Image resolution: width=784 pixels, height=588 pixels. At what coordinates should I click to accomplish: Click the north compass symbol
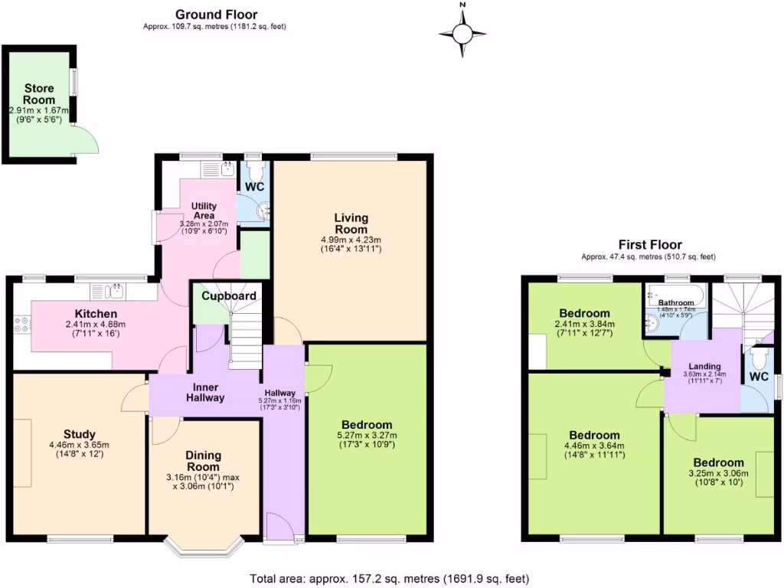point(462,33)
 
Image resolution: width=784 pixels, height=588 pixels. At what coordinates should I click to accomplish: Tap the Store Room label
point(39,95)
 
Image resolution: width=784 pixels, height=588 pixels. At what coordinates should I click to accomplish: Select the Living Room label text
point(351,224)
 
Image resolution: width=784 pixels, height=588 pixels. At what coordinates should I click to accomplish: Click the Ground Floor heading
point(216,15)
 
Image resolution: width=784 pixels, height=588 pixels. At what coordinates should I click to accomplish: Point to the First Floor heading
point(650,245)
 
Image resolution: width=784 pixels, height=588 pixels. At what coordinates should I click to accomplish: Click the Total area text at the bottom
point(390,579)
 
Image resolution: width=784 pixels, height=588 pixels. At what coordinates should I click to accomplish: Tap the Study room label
point(80,435)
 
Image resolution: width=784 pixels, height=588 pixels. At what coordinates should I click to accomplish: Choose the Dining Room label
point(203,461)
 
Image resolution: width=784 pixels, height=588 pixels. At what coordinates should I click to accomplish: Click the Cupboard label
point(229,296)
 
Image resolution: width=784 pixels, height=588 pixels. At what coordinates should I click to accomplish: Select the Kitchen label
point(96,314)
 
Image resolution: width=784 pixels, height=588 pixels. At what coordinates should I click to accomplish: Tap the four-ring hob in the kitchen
point(20,325)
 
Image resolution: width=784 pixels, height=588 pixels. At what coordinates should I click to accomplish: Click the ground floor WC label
point(254,186)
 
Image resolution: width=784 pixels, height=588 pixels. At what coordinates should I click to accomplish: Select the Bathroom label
point(676,303)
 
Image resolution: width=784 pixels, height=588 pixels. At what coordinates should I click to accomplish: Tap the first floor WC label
point(759,377)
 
